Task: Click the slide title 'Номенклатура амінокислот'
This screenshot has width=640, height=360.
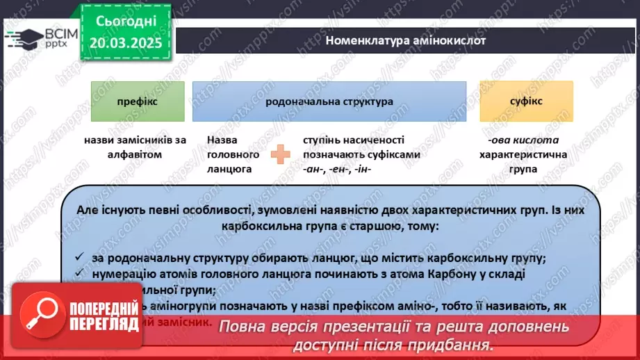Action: click(406, 40)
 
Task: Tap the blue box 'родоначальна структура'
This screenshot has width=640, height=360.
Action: click(329, 101)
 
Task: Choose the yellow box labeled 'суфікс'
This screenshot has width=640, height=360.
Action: click(526, 101)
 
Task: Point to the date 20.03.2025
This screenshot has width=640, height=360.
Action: click(125, 43)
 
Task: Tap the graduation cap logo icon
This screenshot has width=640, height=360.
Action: click(22, 38)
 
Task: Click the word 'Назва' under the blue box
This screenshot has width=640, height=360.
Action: click(221, 140)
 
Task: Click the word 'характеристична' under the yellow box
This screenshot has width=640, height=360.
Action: click(526, 154)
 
